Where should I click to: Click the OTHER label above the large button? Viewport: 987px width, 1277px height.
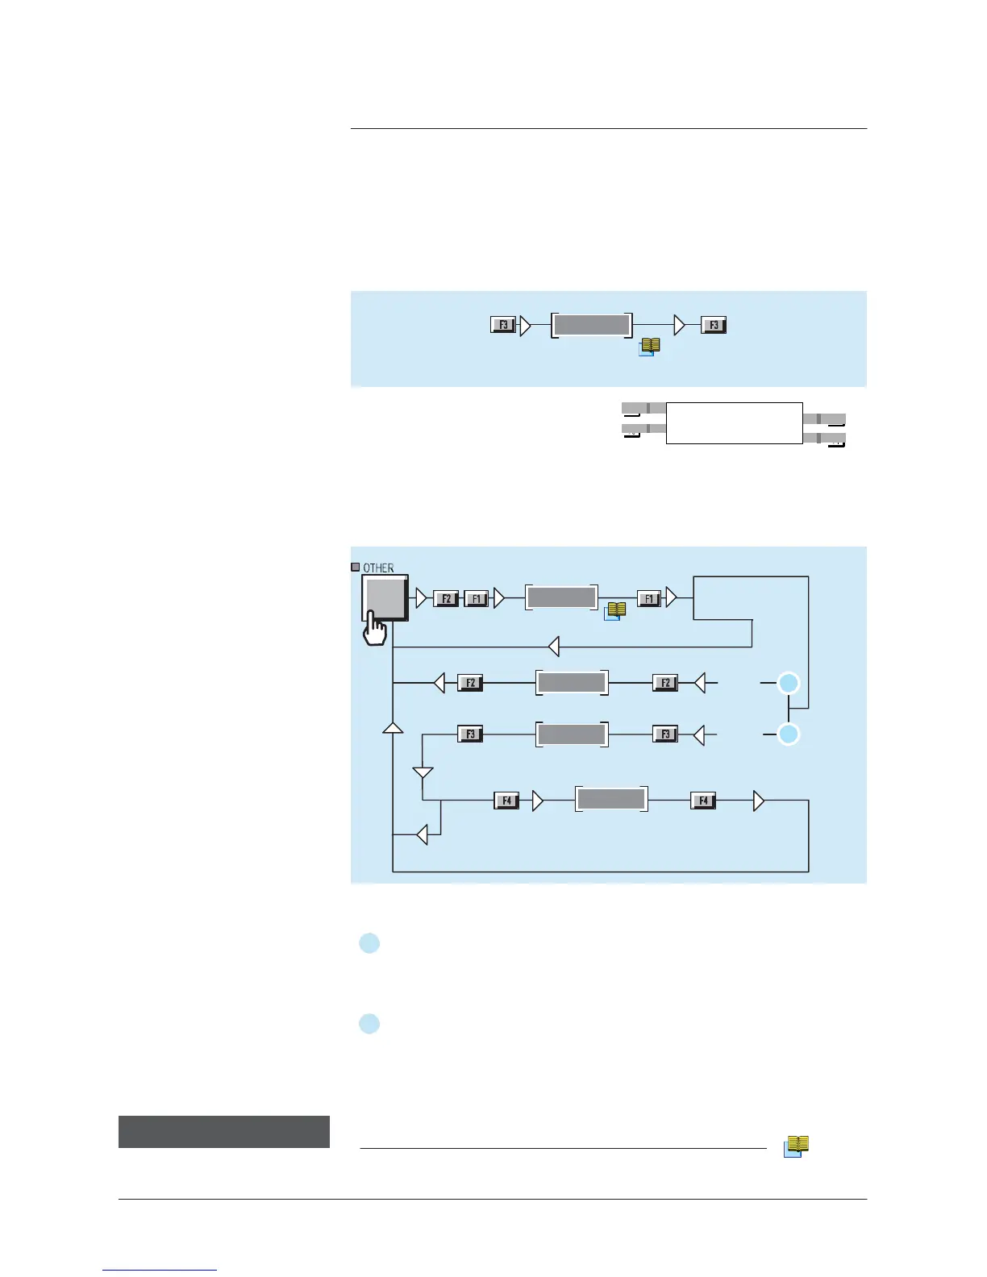pos(377,568)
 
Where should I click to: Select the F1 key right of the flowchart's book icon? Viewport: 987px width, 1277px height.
pos(649,598)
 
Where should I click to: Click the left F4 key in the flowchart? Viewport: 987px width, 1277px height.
pos(506,801)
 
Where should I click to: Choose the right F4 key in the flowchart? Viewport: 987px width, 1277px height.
pos(703,801)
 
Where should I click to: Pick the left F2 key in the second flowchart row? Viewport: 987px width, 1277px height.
pos(469,683)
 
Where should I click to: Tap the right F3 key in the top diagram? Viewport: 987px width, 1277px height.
pos(714,325)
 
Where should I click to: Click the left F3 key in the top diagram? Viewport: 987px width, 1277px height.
pos(503,325)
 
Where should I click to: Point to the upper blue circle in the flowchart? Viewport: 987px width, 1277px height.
pos(789,684)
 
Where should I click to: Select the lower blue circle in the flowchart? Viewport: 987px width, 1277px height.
pos(789,734)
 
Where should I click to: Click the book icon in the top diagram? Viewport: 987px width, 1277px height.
pos(649,346)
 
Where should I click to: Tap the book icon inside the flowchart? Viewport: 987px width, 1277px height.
pos(615,612)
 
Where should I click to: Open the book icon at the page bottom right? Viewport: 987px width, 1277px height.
pos(796,1146)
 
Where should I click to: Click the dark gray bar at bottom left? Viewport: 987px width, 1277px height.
pos(224,1131)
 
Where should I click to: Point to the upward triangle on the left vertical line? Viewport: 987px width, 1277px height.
pos(393,728)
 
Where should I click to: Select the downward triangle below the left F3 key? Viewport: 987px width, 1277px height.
pos(423,773)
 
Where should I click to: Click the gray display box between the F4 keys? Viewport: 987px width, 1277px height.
pos(611,799)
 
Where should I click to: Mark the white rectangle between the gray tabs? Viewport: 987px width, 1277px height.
pos(734,422)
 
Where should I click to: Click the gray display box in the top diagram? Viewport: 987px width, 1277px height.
pos(592,325)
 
